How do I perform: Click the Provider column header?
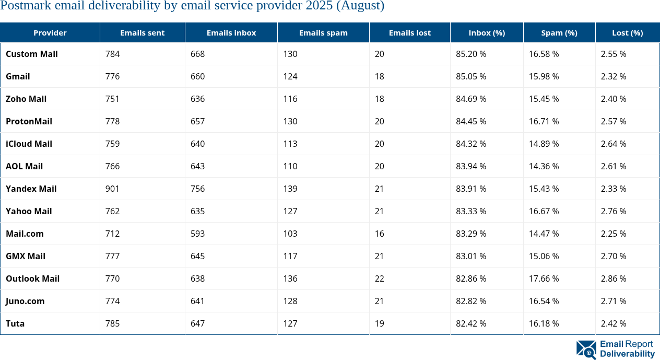tap(50, 32)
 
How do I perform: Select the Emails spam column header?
tap(323, 32)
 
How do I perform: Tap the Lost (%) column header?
tap(627, 32)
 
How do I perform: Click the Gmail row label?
tap(18, 76)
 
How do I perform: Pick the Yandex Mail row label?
tap(31, 189)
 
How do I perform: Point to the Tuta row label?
tap(15, 323)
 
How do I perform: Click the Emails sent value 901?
tap(112, 189)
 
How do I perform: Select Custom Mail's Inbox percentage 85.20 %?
tap(471, 54)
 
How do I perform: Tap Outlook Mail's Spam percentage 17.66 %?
tap(544, 278)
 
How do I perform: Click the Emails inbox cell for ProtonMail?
tap(197, 121)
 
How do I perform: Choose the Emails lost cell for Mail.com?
tap(379, 234)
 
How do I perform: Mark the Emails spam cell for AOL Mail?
tap(290, 166)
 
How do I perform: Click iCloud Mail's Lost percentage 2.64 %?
tap(614, 144)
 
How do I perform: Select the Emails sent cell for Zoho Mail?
tap(112, 99)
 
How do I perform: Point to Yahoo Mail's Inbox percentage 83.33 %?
tap(471, 211)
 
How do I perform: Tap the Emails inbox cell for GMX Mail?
tap(197, 256)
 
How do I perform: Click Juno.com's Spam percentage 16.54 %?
tap(544, 301)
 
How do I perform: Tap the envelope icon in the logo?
tap(586, 350)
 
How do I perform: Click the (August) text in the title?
tap(360, 6)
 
